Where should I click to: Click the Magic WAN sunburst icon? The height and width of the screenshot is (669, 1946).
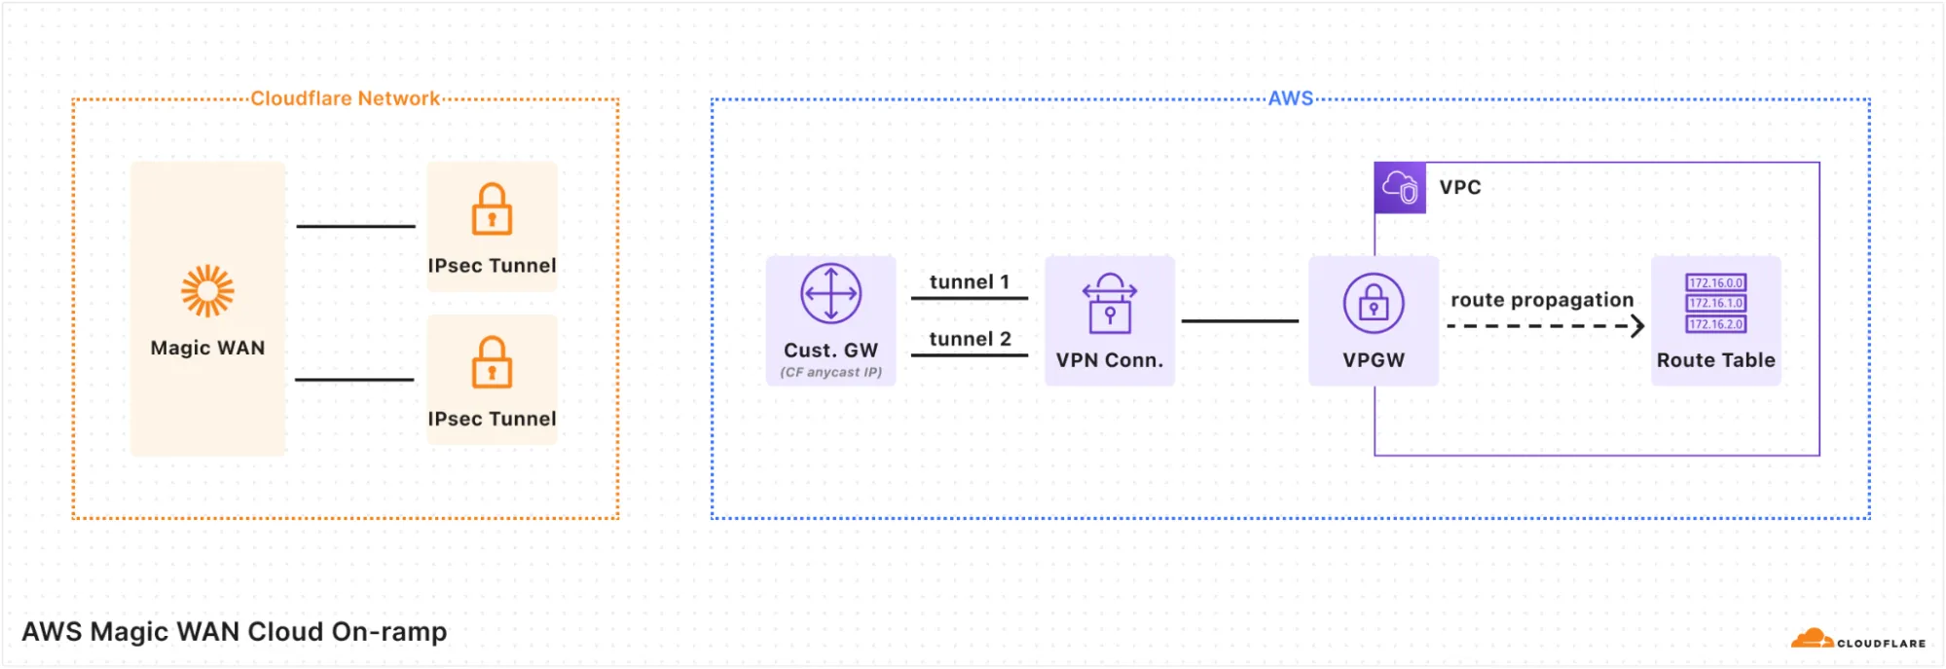tap(207, 291)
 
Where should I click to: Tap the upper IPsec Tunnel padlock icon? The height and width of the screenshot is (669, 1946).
tap(492, 209)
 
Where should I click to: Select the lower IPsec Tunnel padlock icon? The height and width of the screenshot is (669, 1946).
tap(492, 362)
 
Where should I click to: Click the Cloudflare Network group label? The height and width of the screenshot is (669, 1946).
tap(345, 98)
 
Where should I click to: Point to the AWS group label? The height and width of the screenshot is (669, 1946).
tap(1290, 98)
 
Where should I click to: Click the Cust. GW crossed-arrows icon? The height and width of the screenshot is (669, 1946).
tap(830, 293)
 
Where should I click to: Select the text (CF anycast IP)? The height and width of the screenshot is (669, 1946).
tap(830, 372)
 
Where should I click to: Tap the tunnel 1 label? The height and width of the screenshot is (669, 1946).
tap(969, 281)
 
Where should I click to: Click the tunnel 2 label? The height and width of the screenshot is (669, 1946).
tap(970, 339)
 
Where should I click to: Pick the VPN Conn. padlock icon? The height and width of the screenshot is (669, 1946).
tap(1109, 304)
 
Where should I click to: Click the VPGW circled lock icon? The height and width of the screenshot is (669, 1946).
tap(1373, 303)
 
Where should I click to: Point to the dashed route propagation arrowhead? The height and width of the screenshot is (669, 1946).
tap(1637, 326)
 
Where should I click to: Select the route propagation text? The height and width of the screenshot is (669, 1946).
tap(1541, 300)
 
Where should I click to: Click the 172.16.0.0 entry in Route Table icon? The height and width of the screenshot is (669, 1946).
tap(1715, 283)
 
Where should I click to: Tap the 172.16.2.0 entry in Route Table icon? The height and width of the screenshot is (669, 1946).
tap(1715, 324)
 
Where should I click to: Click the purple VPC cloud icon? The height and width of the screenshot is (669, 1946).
tap(1400, 188)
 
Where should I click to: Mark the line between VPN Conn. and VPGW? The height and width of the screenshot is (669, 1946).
tap(1239, 320)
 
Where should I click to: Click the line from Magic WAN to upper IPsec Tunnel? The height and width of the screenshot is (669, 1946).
tap(355, 226)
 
